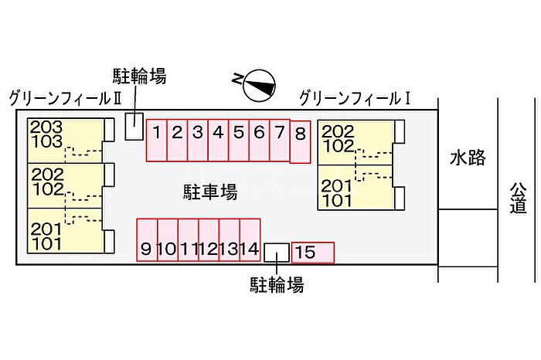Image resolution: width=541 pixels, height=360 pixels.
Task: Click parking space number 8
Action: [x=300, y=141]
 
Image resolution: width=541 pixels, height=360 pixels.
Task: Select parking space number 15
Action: [x=313, y=253]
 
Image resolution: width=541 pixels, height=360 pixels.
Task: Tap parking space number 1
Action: [x=157, y=141]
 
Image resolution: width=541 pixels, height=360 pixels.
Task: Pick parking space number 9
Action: [x=147, y=240]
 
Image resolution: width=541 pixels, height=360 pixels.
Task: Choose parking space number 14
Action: [x=250, y=240]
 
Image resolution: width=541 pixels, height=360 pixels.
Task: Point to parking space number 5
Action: [x=239, y=141]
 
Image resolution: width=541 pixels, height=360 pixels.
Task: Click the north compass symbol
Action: [x=260, y=85]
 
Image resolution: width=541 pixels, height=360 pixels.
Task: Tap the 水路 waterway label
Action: [x=468, y=158]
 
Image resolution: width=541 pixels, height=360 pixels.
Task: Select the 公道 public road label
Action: [x=519, y=198]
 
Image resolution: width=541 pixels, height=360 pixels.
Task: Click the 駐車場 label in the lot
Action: [x=210, y=192]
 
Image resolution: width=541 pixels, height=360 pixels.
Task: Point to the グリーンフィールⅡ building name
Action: [x=65, y=99]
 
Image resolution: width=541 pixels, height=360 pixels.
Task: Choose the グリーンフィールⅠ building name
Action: [x=355, y=98]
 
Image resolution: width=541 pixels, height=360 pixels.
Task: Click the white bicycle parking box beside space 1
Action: [x=134, y=127]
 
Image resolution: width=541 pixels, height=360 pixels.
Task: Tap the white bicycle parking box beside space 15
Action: [x=277, y=253]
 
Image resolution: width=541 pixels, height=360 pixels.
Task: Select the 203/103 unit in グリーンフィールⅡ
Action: [x=66, y=141]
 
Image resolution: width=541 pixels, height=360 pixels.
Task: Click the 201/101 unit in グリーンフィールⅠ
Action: [x=356, y=188]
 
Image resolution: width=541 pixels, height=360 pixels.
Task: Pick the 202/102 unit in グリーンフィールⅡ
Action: [x=66, y=185]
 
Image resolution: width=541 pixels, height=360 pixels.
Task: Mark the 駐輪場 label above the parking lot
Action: [x=139, y=76]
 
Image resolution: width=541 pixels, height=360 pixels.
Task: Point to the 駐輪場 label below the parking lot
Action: [x=277, y=285]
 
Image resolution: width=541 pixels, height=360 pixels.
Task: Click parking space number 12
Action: [x=209, y=240]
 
